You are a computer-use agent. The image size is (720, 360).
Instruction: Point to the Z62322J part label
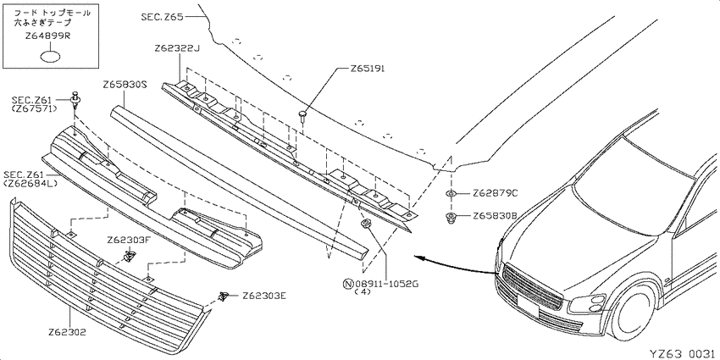(x=177, y=48)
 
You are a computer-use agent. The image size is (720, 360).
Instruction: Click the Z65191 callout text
(x=367, y=69)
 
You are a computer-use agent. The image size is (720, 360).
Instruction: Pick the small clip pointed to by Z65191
(x=302, y=115)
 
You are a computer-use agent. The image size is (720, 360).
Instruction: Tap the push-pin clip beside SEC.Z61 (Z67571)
(x=75, y=101)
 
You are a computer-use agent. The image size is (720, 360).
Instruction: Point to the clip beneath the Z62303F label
(x=129, y=255)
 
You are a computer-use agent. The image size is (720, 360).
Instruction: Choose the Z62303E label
(x=264, y=296)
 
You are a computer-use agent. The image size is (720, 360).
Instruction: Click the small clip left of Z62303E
(x=224, y=296)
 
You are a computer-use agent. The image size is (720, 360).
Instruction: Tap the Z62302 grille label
(x=68, y=331)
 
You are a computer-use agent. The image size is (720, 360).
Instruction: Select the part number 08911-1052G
(x=386, y=284)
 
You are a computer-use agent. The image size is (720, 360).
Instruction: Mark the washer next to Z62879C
(x=451, y=193)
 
